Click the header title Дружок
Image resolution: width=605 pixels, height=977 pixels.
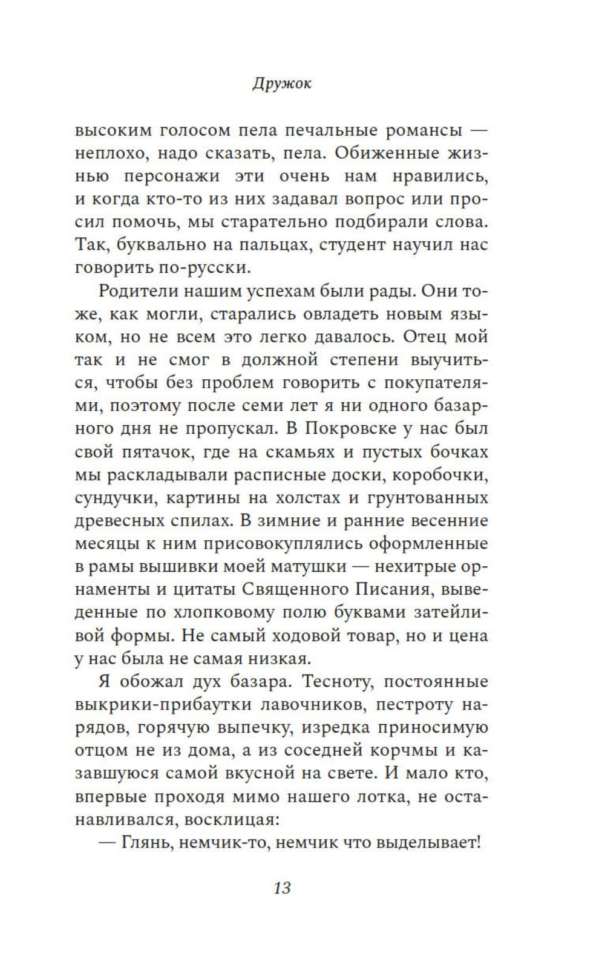coord(281,83)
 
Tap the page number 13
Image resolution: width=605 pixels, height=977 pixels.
coord(283,887)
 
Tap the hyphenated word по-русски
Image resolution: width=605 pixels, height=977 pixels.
coord(197,267)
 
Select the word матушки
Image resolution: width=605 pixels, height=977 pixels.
coord(310,566)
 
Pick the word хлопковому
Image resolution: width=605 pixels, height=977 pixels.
coord(217,612)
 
